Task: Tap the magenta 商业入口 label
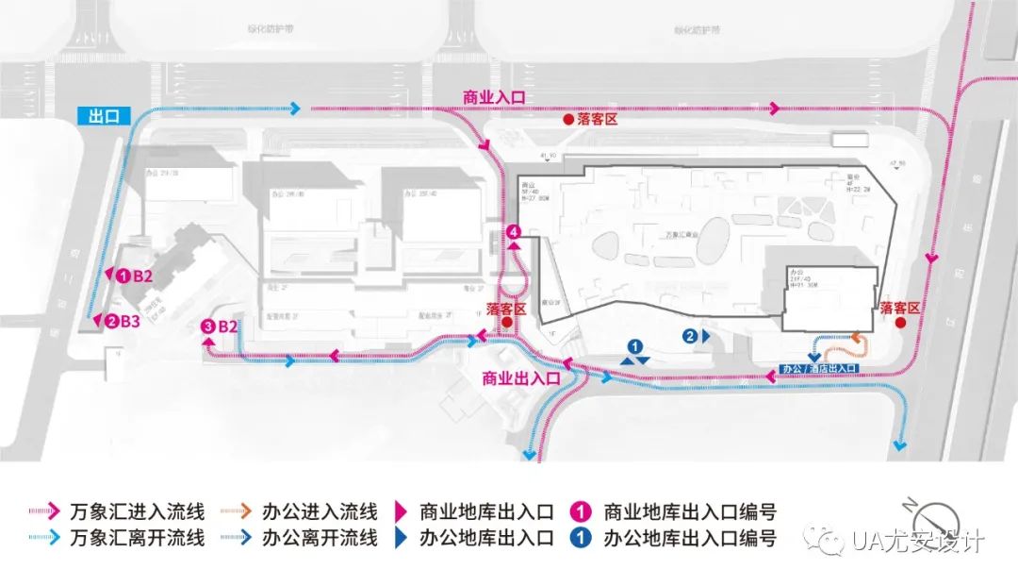(x=493, y=97)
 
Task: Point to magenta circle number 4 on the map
(x=514, y=232)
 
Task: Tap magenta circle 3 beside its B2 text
(x=208, y=326)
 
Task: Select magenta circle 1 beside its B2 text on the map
(x=123, y=276)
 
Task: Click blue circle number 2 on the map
(x=691, y=335)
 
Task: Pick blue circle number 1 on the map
(x=635, y=346)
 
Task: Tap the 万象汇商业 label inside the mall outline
(x=672, y=231)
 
